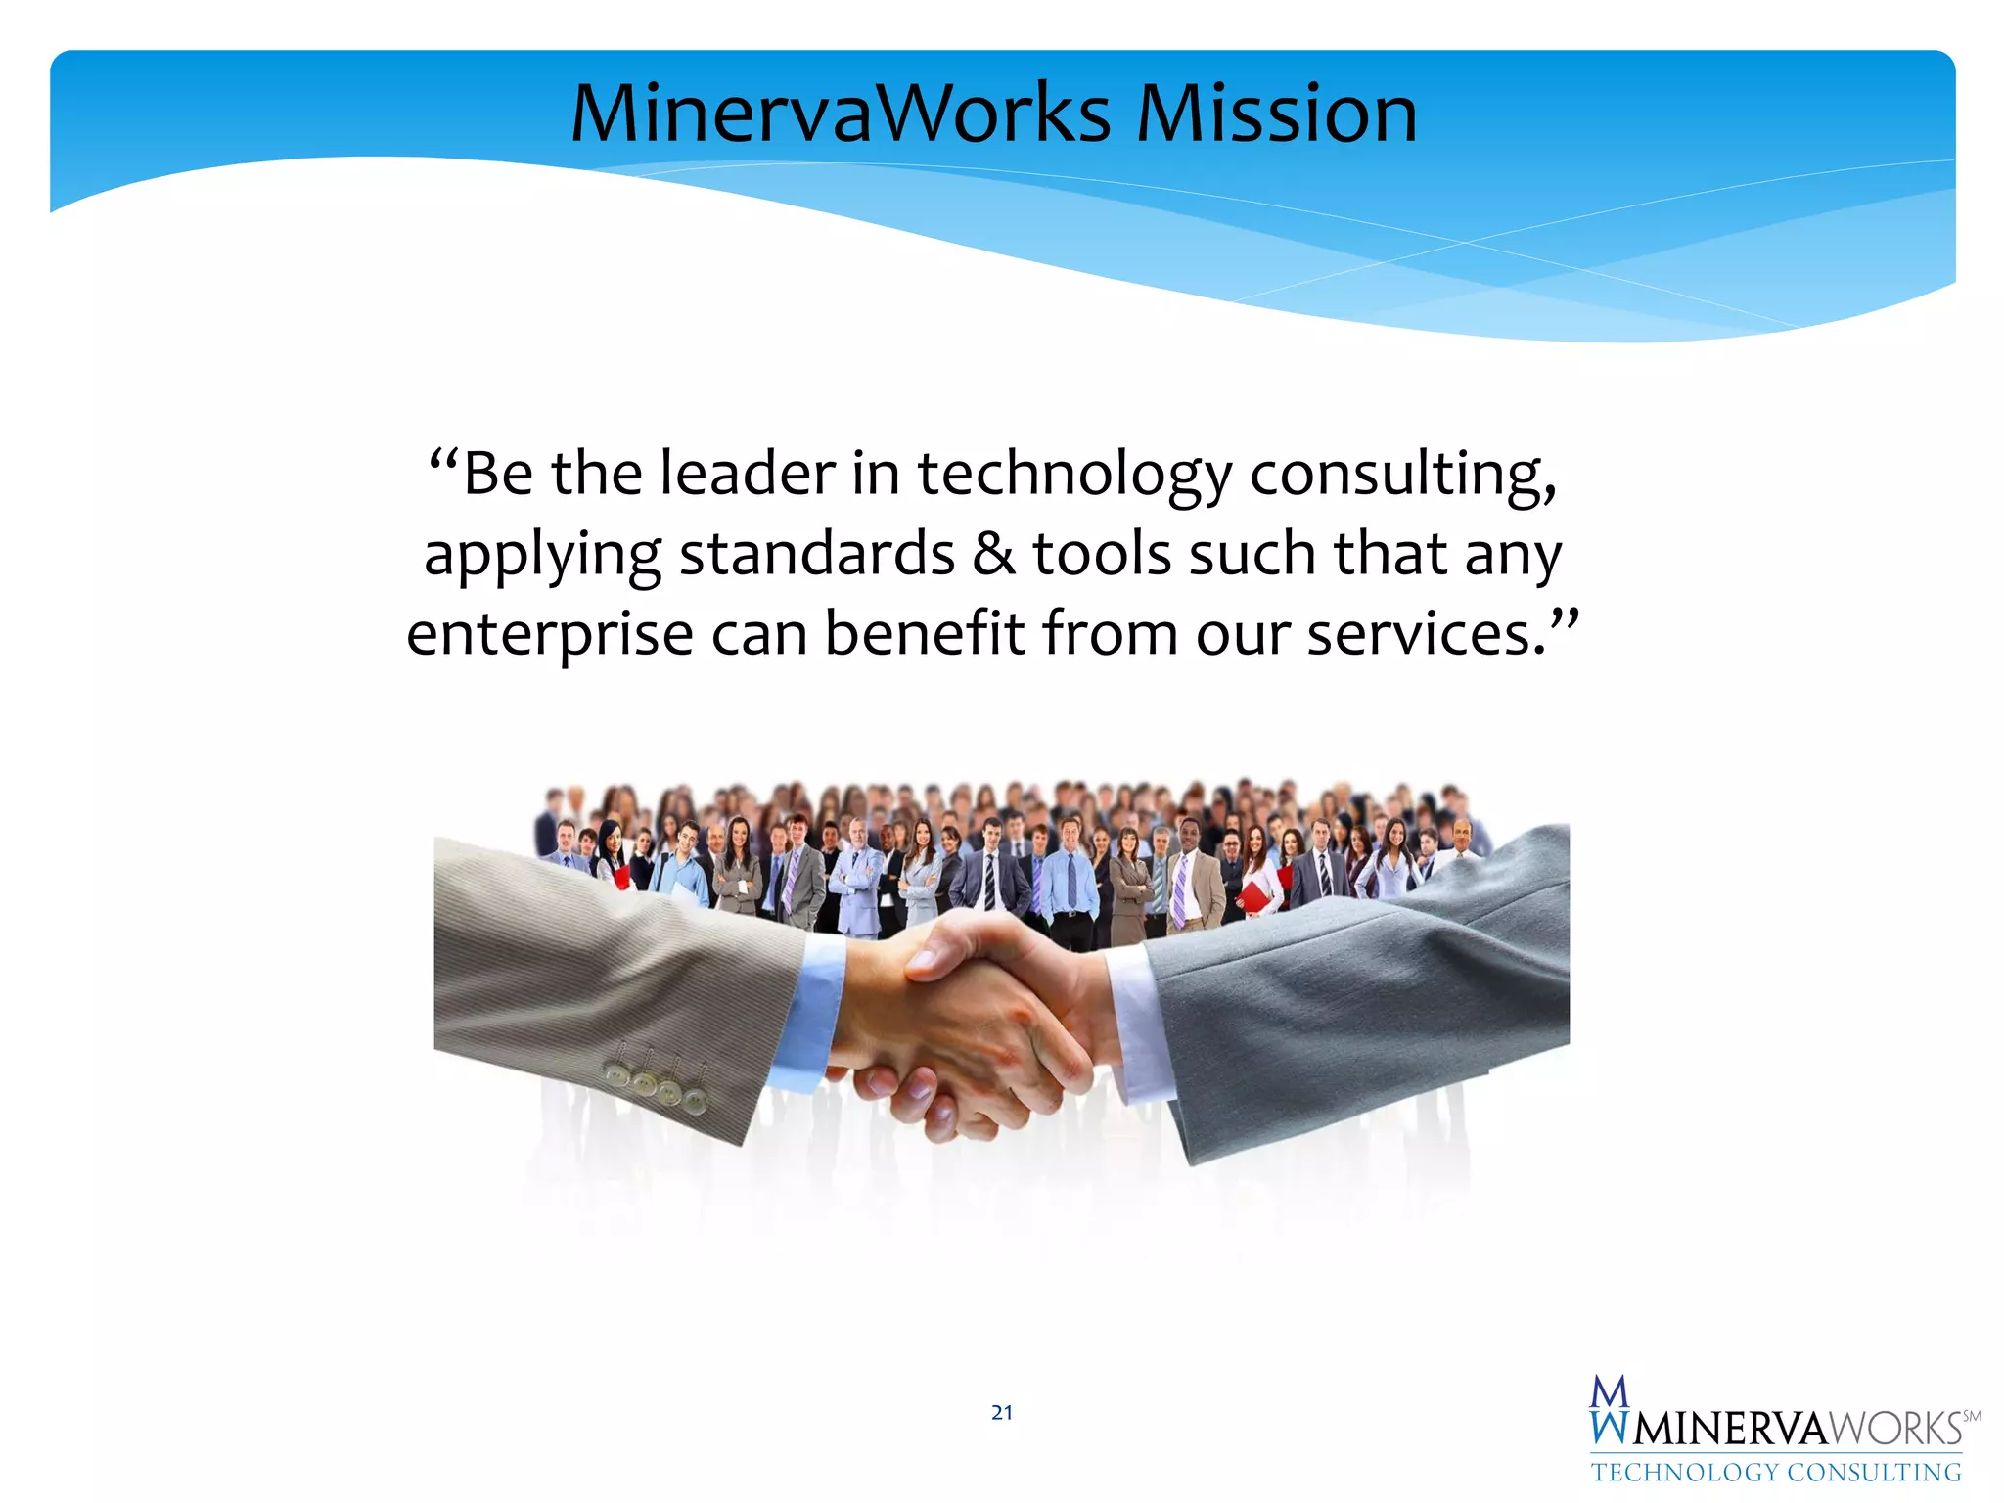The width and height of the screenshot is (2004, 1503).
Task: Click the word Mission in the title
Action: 1276,114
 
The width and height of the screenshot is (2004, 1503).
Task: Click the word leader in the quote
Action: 747,475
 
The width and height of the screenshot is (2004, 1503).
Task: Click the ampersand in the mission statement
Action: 994,555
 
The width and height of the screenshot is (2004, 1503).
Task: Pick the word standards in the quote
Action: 817,555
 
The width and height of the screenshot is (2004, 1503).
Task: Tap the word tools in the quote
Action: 1102,555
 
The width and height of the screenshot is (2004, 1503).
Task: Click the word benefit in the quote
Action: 925,633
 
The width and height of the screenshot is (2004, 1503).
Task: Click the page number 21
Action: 1001,1412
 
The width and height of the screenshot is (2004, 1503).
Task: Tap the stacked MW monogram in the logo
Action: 1610,1410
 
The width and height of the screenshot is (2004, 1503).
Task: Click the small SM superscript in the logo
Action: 1972,1416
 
